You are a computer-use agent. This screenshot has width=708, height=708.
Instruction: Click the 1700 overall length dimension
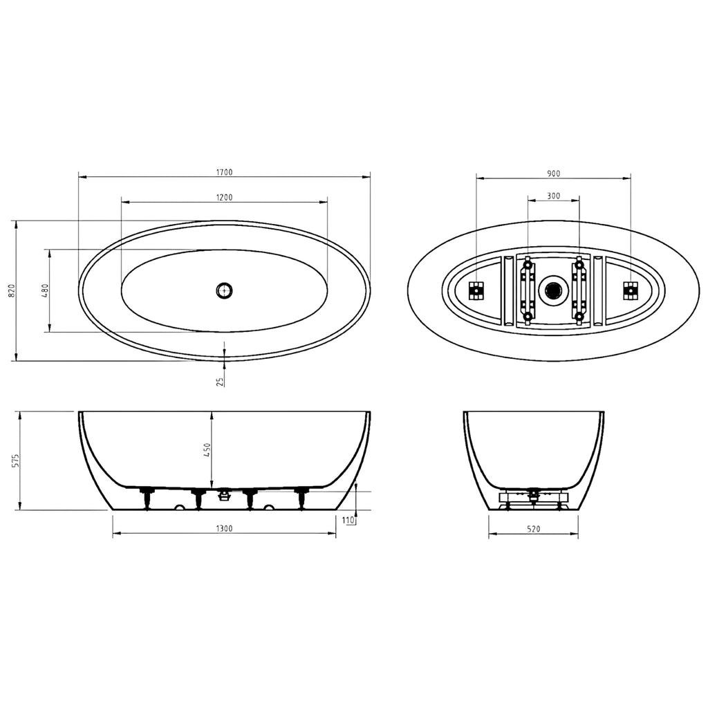(x=225, y=172)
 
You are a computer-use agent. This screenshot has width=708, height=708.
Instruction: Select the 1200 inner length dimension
(x=225, y=197)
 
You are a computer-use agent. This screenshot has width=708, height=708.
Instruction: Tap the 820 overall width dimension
(x=12, y=290)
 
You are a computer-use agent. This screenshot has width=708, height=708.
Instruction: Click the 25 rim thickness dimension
(x=221, y=382)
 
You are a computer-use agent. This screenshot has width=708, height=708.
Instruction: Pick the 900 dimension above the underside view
(x=553, y=174)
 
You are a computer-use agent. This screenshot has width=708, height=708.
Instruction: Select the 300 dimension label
(x=553, y=196)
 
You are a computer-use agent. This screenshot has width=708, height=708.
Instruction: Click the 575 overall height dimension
(x=16, y=460)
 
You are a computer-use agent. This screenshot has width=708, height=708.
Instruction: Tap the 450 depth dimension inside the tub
(x=207, y=449)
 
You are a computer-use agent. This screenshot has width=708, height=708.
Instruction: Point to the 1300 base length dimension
(x=225, y=529)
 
